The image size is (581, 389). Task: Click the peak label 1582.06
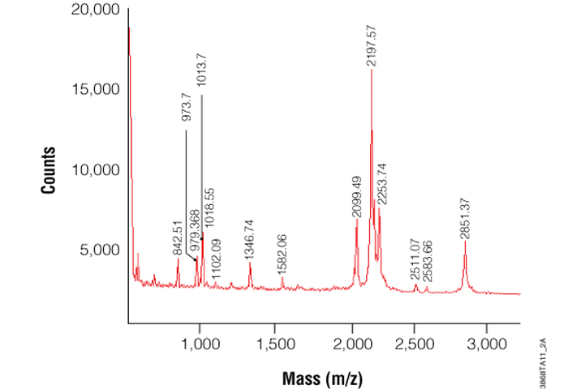(x=282, y=255)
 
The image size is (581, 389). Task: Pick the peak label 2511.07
(x=415, y=261)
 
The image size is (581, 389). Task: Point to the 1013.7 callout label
(x=201, y=71)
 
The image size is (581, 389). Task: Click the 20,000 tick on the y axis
(x=97, y=11)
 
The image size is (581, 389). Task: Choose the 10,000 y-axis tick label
(x=97, y=170)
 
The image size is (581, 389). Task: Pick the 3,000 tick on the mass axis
(x=486, y=342)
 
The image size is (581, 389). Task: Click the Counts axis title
(x=49, y=170)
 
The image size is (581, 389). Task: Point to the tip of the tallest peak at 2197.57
(x=372, y=71)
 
